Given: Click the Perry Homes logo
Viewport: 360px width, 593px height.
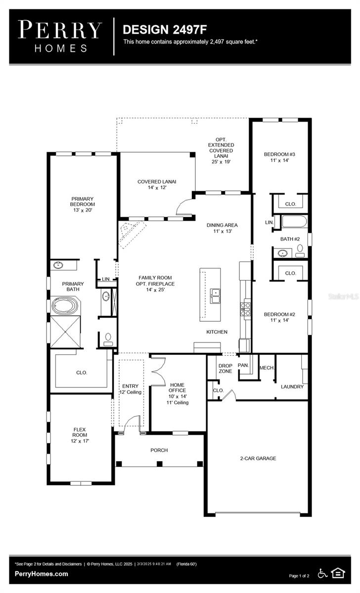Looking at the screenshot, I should point(60,36).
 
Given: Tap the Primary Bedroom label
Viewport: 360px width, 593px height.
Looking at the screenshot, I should point(82,204).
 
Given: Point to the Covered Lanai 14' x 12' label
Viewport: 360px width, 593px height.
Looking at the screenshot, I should point(157,184).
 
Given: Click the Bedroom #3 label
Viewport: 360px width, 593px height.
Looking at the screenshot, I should point(279,157).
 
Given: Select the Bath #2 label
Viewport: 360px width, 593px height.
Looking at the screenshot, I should point(290,239).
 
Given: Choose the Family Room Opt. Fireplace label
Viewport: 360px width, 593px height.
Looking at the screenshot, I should point(156,284).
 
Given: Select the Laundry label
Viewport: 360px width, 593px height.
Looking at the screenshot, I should point(292,386).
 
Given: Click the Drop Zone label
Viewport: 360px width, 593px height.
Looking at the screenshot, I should point(225,368).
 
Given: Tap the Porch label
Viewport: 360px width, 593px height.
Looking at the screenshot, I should point(159,450).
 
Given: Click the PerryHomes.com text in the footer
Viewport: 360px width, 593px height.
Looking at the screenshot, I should point(42,574).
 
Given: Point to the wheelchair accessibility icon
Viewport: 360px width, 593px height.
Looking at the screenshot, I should point(322,573).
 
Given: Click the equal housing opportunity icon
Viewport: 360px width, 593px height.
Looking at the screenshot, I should point(338,573).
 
